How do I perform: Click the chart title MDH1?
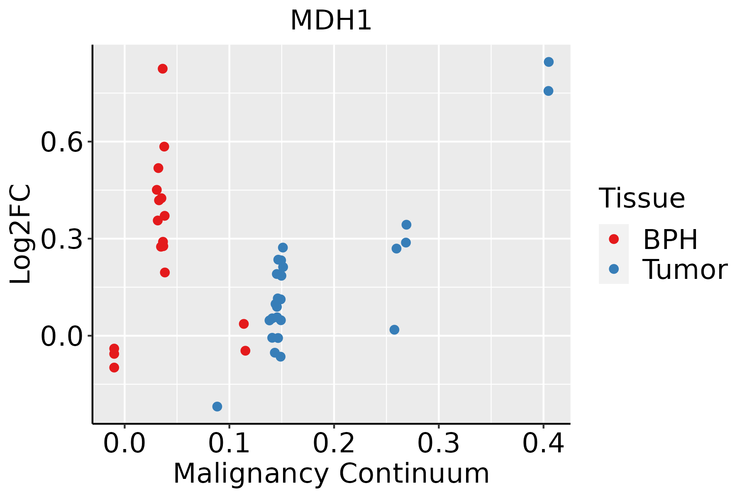click(331, 21)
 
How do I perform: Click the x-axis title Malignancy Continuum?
click(331, 474)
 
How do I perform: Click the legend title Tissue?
click(642, 198)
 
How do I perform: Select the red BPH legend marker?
click(613, 239)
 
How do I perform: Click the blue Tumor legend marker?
click(613, 269)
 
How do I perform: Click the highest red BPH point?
click(163, 68)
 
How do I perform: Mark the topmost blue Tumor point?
click(549, 62)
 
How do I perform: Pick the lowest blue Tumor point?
click(217, 406)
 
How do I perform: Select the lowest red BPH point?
click(114, 367)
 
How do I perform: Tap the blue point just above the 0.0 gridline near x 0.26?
click(394, 330)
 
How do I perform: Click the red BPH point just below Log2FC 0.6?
click(164, 146)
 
